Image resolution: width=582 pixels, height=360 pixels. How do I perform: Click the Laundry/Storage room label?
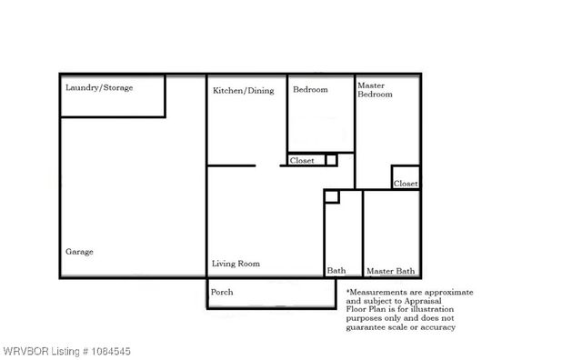pos(99,88)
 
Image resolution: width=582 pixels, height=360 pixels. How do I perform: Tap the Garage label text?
pos(79,252)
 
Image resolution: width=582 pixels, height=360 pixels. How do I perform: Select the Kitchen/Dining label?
pos(243,91)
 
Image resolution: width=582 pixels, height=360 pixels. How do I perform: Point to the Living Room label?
pos(236,264)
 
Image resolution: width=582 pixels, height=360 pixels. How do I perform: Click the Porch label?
pos(222,292)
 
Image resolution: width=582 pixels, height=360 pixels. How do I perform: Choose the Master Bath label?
pos(390,271)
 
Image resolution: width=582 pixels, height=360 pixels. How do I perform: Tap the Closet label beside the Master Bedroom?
pos(406,184)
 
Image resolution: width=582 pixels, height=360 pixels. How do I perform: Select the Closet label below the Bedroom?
pos(302,161)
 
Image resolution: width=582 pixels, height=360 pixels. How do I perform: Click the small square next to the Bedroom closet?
pos(331,160)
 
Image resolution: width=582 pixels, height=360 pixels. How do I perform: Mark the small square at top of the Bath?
pos(332,196)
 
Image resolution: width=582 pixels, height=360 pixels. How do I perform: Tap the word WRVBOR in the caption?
pos(25,350)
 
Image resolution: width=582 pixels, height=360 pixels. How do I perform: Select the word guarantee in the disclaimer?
pos(366,327)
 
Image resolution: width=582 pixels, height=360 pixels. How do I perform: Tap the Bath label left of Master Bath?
pos(336,271)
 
